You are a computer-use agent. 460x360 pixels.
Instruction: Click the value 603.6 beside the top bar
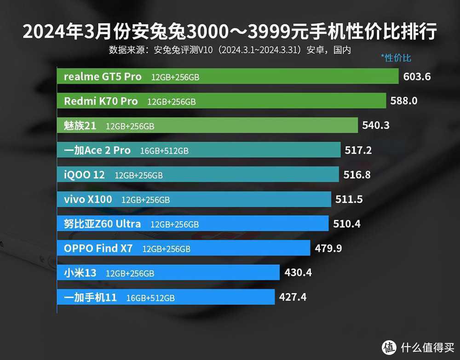(x=417, y=76)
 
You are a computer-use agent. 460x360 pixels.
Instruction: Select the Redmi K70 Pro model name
(x=101, y=101)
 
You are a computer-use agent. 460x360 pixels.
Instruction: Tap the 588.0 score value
(x=404, y=101)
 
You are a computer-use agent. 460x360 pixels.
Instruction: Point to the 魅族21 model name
(x=80, y=126)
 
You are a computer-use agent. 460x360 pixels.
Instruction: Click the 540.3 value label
(x=376, y=125)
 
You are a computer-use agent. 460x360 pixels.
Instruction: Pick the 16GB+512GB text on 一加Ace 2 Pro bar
(x=164, y=151)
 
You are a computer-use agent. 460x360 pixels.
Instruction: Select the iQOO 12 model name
(x=84, y=175)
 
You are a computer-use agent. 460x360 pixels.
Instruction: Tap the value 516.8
(x=357, y=175)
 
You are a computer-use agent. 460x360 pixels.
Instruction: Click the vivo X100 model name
(x=87, y=200)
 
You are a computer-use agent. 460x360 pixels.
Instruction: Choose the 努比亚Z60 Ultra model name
(x=102, y=224)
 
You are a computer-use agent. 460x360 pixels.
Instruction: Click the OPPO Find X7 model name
(x=98, y=249)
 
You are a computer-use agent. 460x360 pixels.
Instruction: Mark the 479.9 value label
(x=328, y=248)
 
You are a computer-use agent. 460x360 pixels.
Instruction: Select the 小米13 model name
(x=80, y=273)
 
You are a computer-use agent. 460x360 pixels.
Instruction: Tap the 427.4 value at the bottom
(x=293, y=297)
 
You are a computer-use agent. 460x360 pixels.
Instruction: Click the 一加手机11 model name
(x=90, y=297)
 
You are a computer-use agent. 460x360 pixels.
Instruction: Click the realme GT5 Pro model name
(x=103, y=77)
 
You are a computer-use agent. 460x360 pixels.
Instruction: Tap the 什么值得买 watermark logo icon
(x=389, y=346)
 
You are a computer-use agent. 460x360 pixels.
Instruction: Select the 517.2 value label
(x=358, y=150)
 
